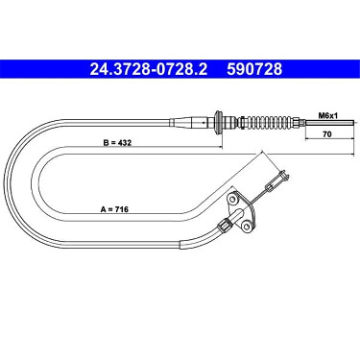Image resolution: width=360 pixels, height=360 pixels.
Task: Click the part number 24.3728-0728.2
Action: (149, 69)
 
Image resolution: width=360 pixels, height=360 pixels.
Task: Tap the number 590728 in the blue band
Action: (254, 69)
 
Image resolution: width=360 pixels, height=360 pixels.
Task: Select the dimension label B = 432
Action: (117, 143)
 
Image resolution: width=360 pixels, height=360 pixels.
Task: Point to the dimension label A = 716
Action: (114, 209)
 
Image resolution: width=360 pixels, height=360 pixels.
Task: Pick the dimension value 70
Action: (326, 134)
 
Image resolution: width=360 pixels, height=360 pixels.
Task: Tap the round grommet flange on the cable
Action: (219, 122)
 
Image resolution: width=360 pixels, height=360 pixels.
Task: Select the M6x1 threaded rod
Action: (329, 123)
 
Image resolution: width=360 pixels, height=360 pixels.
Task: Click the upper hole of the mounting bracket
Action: (231, 199)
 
